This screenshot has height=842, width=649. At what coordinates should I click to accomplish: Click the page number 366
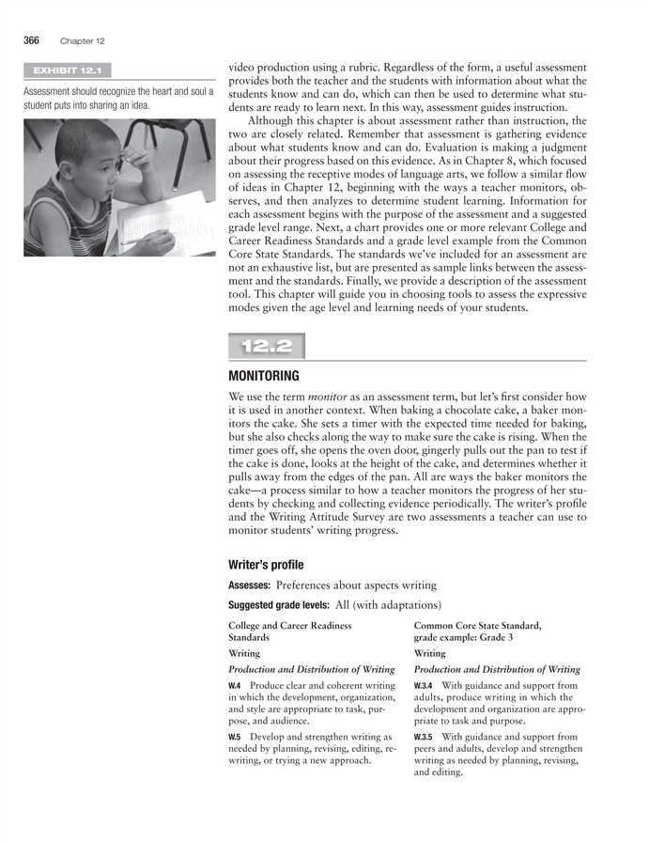click(31, 40)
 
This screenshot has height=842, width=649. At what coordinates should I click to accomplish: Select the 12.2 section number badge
click(267, 347)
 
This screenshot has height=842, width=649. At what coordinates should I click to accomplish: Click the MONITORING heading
click(264, 376)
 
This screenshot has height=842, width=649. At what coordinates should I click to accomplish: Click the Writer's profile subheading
click(266, 565)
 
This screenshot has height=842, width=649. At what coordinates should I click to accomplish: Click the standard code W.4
click(235, 686)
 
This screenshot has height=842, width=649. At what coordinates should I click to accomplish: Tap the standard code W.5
click(235, 737)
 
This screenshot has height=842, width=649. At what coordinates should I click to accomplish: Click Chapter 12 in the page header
click(82, 41)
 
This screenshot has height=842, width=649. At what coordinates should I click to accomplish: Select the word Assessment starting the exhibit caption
click(52, 91)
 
